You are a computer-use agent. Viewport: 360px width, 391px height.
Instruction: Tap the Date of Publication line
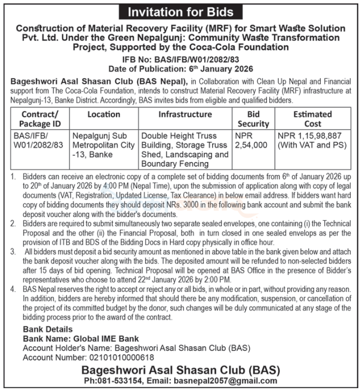(180, 68)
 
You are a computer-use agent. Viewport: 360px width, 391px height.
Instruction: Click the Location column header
(104, 114)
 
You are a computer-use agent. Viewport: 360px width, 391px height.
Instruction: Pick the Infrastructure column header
(185, 114)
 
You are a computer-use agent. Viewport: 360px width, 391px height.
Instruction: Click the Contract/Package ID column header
(40, 118)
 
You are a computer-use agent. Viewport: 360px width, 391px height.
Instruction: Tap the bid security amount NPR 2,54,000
(251, 141)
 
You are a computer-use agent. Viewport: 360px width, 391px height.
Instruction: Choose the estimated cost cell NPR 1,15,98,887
(311, 141)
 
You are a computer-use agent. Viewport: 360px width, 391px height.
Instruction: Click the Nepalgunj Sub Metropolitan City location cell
(103, 145)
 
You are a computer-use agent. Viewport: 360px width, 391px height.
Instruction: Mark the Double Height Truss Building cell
(184, 150)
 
